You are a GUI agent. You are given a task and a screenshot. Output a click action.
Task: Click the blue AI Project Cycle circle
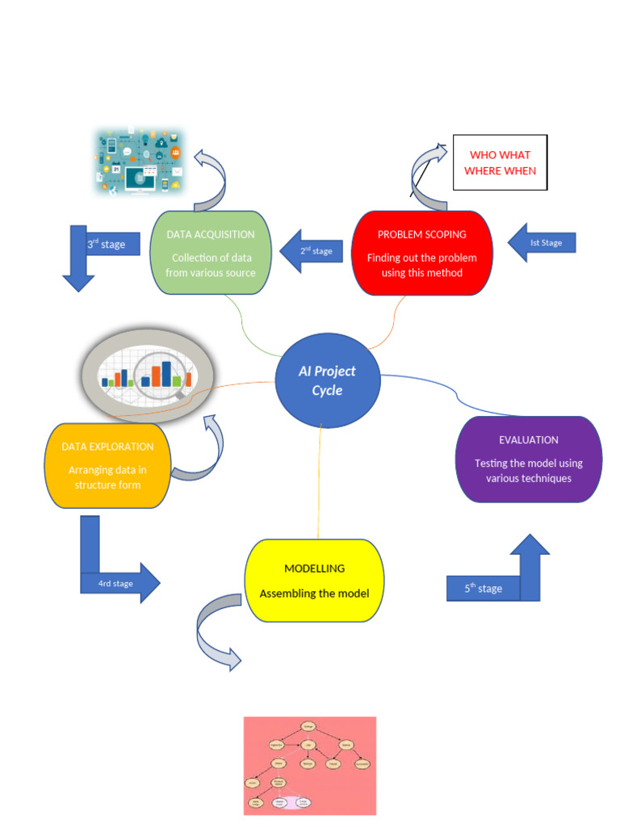326,380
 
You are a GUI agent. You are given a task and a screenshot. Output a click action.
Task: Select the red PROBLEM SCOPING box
422,254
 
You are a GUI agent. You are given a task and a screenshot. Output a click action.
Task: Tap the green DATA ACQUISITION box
211,254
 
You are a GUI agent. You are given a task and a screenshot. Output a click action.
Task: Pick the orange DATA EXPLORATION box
107,466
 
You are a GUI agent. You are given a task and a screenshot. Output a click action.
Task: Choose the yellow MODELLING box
314,581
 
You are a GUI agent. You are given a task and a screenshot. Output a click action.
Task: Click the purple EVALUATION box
529,460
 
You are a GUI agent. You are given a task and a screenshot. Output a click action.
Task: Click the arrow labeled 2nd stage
312,251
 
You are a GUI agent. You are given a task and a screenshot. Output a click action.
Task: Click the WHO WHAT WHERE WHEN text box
500,162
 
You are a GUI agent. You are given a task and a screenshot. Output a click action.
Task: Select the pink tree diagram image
310,766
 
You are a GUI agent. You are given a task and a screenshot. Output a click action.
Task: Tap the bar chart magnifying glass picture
147,373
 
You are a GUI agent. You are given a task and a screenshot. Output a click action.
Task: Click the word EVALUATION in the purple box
529,440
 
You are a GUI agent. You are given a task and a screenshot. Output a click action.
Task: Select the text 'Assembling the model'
314,594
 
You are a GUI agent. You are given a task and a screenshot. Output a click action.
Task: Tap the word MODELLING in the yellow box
314,569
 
